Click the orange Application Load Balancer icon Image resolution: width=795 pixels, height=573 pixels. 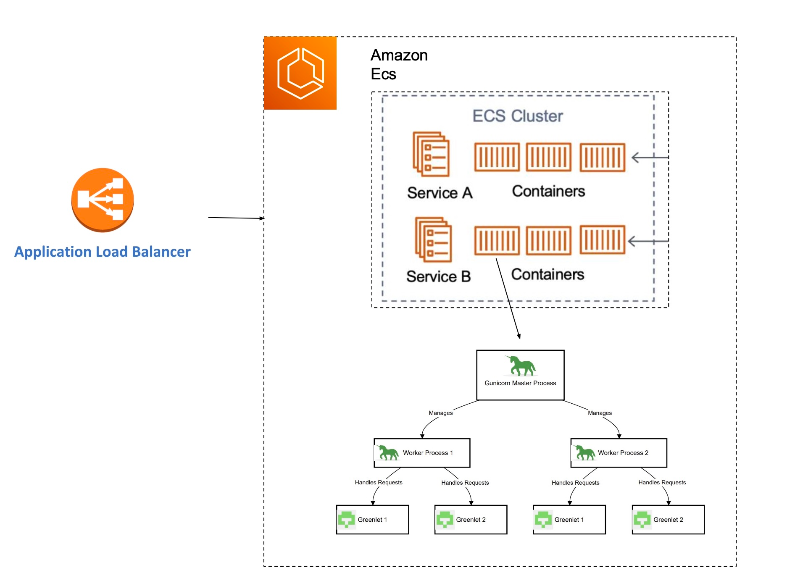[x=103, y=200]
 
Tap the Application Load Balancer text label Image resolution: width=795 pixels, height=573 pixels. [x=103, y=252]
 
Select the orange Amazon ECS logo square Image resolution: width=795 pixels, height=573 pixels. [x=300, y=73]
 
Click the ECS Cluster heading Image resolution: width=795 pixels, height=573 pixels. [x=518, y=116]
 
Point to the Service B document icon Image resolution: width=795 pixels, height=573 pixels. [x=433, y=239]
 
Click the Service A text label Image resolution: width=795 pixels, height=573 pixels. [x=440, y=193]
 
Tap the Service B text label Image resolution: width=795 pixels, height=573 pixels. [x=438, y=276]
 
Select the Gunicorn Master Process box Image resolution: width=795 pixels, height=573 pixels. [x=520, y=375]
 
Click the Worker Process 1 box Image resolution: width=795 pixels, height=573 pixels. [x=422, y=453]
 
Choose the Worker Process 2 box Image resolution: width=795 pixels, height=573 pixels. [x=619, y=453]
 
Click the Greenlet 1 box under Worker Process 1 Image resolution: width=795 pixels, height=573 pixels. [x=372, y=520]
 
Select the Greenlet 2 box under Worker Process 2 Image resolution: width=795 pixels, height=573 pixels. [x=668, y=520]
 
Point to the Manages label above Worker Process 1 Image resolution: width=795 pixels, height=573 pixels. [x=440, y=413]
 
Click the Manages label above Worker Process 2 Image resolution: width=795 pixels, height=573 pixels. [x=600, y=413]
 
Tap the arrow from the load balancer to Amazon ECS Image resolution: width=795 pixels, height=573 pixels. [x=236, y=218]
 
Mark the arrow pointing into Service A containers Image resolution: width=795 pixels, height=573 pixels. [x=650, y=158]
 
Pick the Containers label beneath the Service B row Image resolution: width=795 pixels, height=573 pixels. [x=548, y=274]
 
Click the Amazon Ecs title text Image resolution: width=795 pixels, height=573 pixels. [x=399, y=64]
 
